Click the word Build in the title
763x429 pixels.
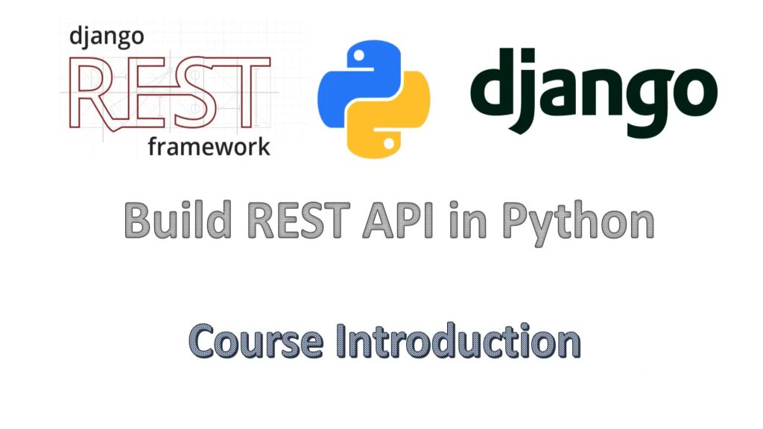pyautogui.click(x=177, y=220)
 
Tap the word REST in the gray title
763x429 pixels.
pyautogui.click(x=298, y=220)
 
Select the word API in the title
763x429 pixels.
pyautogui.click(x=399, y=220)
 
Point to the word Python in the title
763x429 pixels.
pyautogui.click(x=578, y=223)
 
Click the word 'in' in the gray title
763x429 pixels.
pyautogui.click(x=468, y=220)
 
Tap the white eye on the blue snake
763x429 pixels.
pyautogui.click(x=358, y=55)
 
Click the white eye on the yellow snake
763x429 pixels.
pyautogui.click(x=389, y=144)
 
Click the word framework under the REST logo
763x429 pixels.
pyautogui.click(x=209, y=147)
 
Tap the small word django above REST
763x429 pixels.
pyautogui.click(x=107, y=37)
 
